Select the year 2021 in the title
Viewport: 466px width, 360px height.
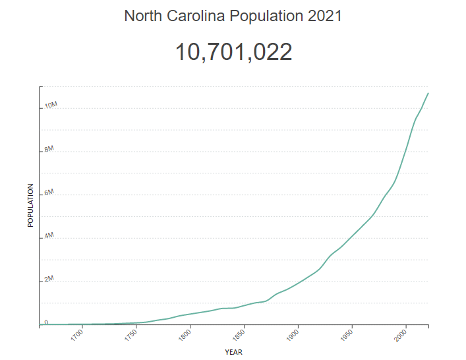(324, 16)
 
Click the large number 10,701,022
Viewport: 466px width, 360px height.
(233, 52)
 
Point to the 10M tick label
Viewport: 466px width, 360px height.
(51, 105)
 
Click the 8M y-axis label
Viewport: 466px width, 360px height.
(49, 150)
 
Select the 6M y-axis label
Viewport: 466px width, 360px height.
(49, 193)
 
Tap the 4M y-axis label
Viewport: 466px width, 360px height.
(49, 236)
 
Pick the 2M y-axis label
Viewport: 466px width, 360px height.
(49, 280)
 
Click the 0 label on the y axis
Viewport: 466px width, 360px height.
(46, 322)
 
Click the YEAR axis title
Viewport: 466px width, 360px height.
(233, 352)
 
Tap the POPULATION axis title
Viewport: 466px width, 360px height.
(30, 205)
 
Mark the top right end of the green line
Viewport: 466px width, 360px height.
(428, 93)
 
